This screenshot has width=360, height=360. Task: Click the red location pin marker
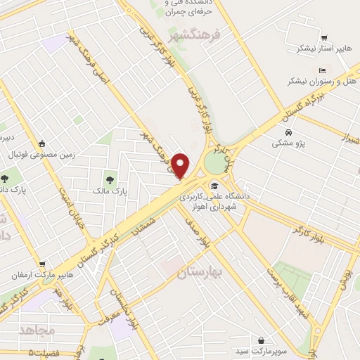[x=181, y=166]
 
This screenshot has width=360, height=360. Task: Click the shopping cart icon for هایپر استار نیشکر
[x=324, y=38]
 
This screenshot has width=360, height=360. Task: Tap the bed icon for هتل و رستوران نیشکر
[x=322, y=70]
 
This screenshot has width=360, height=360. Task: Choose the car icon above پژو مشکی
[x=289, y=132]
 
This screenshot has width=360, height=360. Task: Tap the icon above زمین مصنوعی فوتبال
[x=43, y=141]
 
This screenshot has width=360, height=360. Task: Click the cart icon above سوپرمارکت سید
[x=262, y=340]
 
